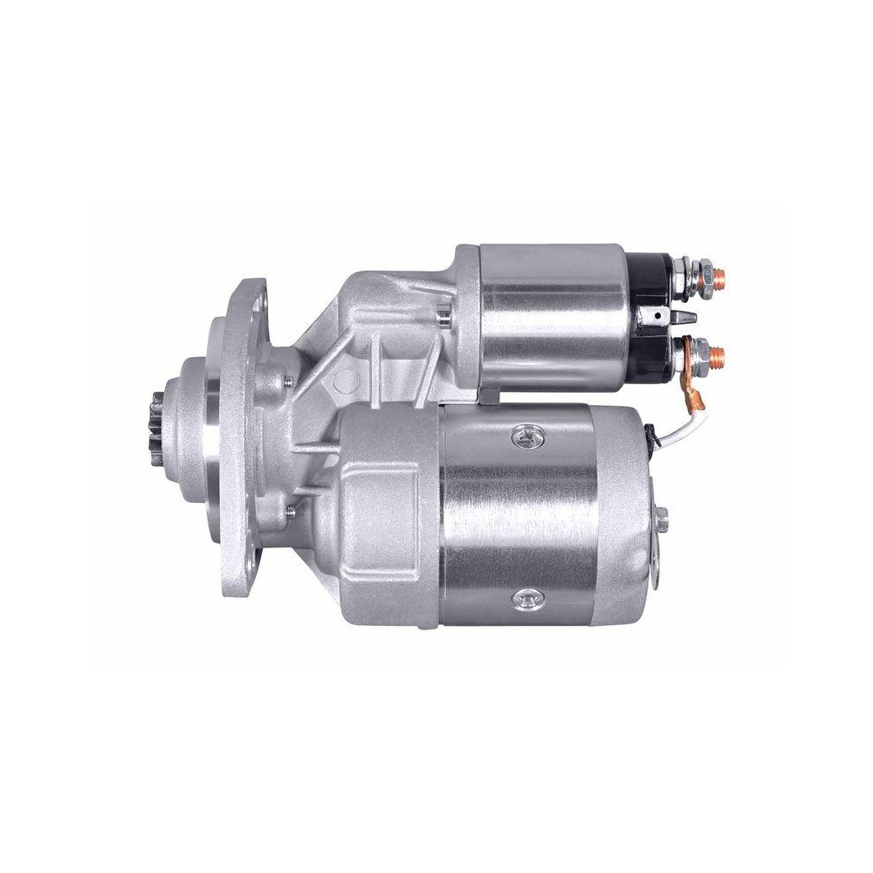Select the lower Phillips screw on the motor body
click(526, 600)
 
